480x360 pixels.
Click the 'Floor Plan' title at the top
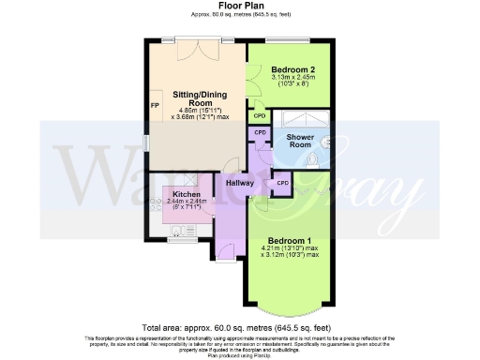[x=239, y=7]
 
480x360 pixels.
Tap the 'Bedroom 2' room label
[x=292, y=69]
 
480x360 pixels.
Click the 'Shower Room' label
[x=298, y=140]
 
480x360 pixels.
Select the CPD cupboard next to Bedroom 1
[x=282, y=183]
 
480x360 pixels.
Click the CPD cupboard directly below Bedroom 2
[x=259, y=115]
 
